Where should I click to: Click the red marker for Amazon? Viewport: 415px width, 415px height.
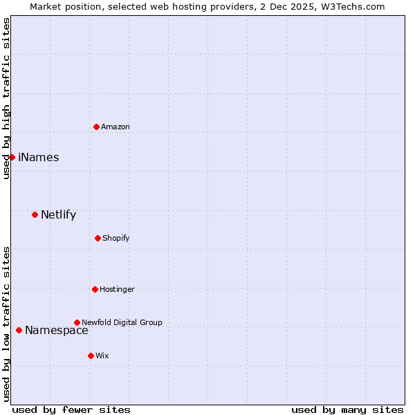pyautogui.click(x=96, y=127)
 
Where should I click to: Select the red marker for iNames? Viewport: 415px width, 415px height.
pyautogui.click(x=12, y=157)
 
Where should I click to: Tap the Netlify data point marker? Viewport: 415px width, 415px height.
pyautogui.click(x=35, y=214)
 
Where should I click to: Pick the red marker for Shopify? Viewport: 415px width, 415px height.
pyautogui.click(x=98, y=238)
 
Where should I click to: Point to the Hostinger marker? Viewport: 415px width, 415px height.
pyautogui.click(x=95, y=289)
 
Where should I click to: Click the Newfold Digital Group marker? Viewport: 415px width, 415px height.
pyautogui.click(x=77, y=322)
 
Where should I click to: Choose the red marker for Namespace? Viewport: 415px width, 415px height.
pyautogui.click(x=19, y=330)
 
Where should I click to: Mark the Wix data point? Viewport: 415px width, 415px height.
pyautogui.click(x=91, y=356)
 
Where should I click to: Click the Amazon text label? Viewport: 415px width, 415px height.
pyautogui.click(x=116, y=127)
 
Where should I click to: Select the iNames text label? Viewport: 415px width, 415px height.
pyautogui.click(x=39, y=157)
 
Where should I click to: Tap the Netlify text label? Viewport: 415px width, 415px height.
pyautogui.click(x=58, y=214)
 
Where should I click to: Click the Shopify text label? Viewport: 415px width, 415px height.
pyautogui.click(x=116, y=238)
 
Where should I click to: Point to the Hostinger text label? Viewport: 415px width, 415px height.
pyautogui.click(x=117, y=289)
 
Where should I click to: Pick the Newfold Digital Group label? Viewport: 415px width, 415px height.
pyautogui.click(x=122, y=322)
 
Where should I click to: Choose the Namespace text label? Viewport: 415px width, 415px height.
pyautogui.click(x=57, y=330)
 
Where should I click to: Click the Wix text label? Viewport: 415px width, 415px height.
pyautogui.click(x=102, y=356)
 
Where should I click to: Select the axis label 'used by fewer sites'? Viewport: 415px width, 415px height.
pyautogui.click(x=71, y=409)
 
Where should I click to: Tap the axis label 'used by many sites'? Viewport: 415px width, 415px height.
pyautogui.click(x=347, y=409)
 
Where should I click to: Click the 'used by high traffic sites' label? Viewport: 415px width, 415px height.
pyautogui.click(x=6, y=98)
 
